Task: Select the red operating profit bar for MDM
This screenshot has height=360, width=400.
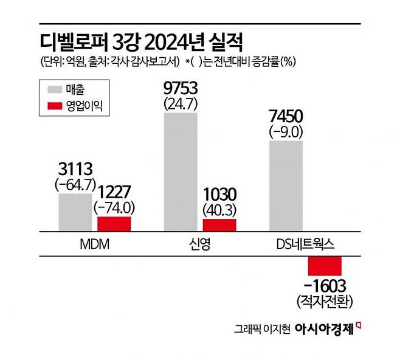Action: (114, 224)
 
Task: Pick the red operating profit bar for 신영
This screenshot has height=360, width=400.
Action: (219, 225)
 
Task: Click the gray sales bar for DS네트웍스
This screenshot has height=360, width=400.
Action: (286, 185)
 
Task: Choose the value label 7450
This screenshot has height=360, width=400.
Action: (286, 117)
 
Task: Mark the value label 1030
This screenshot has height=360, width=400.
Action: (219, 195)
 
